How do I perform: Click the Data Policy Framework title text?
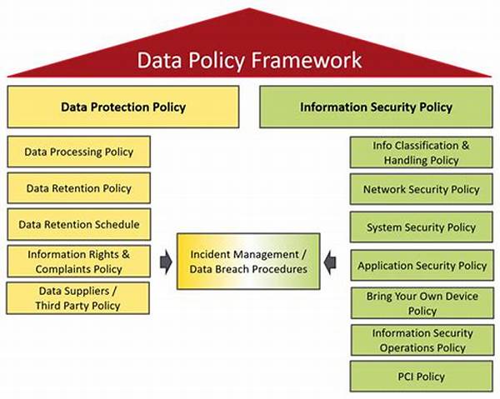[x=249, y=60]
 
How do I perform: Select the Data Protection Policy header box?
[x=123, y=107]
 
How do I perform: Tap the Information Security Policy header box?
[x=376, y=107]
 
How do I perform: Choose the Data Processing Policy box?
[x=79, y=152]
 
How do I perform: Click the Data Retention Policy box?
[x=79, y=188]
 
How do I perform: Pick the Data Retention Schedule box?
[x=79, y=224]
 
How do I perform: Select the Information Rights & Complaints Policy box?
[x=79, y=262]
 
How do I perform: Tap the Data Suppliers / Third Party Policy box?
[x=77, y=298]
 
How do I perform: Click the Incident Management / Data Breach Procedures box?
[x=248, y=262]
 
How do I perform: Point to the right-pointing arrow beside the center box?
[x=166, y=262]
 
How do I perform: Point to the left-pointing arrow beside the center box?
[x=330, y=262]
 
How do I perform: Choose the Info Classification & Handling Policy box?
[x=421, y=152]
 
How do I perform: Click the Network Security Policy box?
[x=421, y=189]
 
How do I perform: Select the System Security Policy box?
[x=421, y=227]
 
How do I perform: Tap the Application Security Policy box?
[x=422, y=265]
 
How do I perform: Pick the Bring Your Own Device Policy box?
[x=422, y=303]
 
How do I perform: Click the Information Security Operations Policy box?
[x=422, y=340]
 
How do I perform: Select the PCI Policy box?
[x=421, y=377]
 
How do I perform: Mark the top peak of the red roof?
[x=249, y=8]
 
